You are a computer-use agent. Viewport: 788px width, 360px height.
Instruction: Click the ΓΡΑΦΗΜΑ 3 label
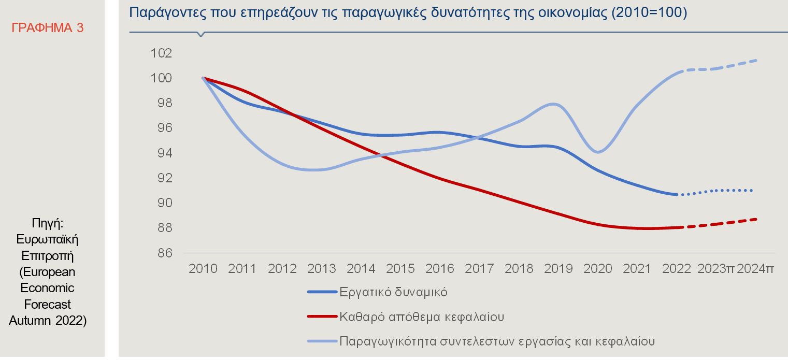coord(47,28)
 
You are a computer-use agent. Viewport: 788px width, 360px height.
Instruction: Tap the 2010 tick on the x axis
coord(203,269)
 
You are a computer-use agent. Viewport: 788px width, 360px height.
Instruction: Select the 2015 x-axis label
coord(400,269)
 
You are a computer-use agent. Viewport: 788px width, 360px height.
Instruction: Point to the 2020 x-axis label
coord(598,269)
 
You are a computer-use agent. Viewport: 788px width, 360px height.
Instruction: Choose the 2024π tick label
coord(755,269)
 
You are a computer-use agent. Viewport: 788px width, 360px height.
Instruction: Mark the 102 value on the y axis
coord(161,53)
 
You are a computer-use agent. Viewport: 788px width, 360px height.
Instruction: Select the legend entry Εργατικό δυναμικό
coord(393,292)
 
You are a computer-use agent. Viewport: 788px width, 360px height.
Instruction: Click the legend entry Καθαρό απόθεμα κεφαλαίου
coord(422,316)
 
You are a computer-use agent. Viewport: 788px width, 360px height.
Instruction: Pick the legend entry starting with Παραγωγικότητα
coord(497,341)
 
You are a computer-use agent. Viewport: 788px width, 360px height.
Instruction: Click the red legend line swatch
coord(322,316)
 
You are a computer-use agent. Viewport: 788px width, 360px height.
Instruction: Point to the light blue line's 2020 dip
coord(598,152)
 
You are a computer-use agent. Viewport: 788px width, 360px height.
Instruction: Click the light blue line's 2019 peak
coord(554,104)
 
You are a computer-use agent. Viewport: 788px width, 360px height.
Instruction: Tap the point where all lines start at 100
coord(203,78)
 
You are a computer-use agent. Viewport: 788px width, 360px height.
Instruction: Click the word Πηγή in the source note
coord(47,224)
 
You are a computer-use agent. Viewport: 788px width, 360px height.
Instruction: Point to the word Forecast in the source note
coord(47,304)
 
